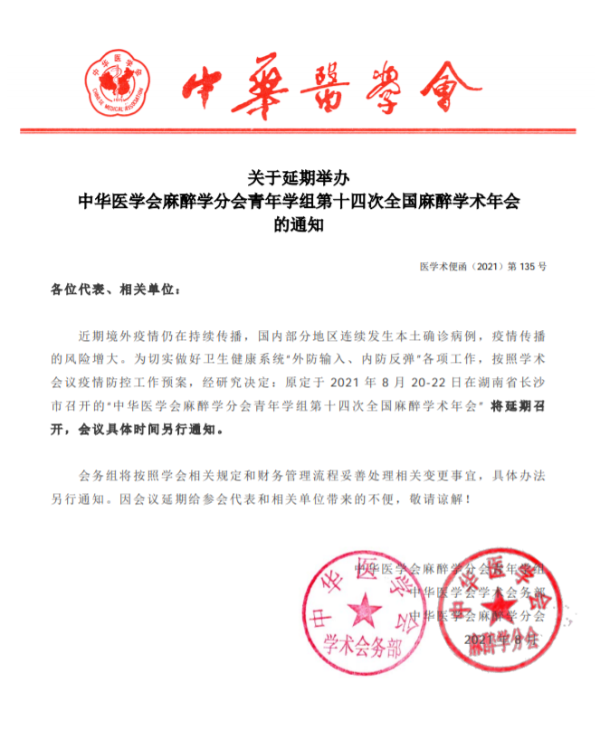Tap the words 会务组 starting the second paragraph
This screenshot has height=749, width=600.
(99, 476)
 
